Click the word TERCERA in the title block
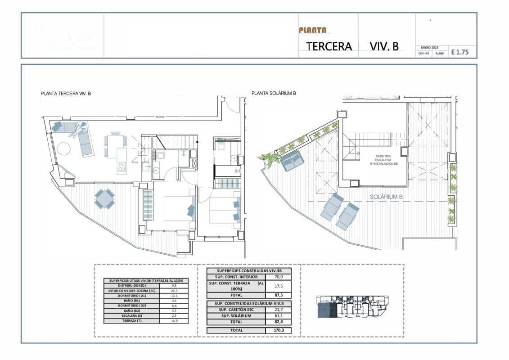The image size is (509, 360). click(329, 46)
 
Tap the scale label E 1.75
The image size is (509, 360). click(459, 52)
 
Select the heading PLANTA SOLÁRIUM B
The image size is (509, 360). click(274, 94)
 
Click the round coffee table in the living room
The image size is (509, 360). click(63, 148)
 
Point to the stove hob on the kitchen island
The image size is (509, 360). click(122, 167)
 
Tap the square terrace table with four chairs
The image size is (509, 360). click(104, 198)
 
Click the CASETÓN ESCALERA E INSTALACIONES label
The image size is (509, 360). click(387, 160)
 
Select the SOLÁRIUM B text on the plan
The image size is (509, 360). click(386, 197)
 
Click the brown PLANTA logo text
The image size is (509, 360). click(312, 31)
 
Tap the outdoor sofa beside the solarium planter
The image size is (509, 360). click(292, 161)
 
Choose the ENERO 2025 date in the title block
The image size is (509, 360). click(429, 47)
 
